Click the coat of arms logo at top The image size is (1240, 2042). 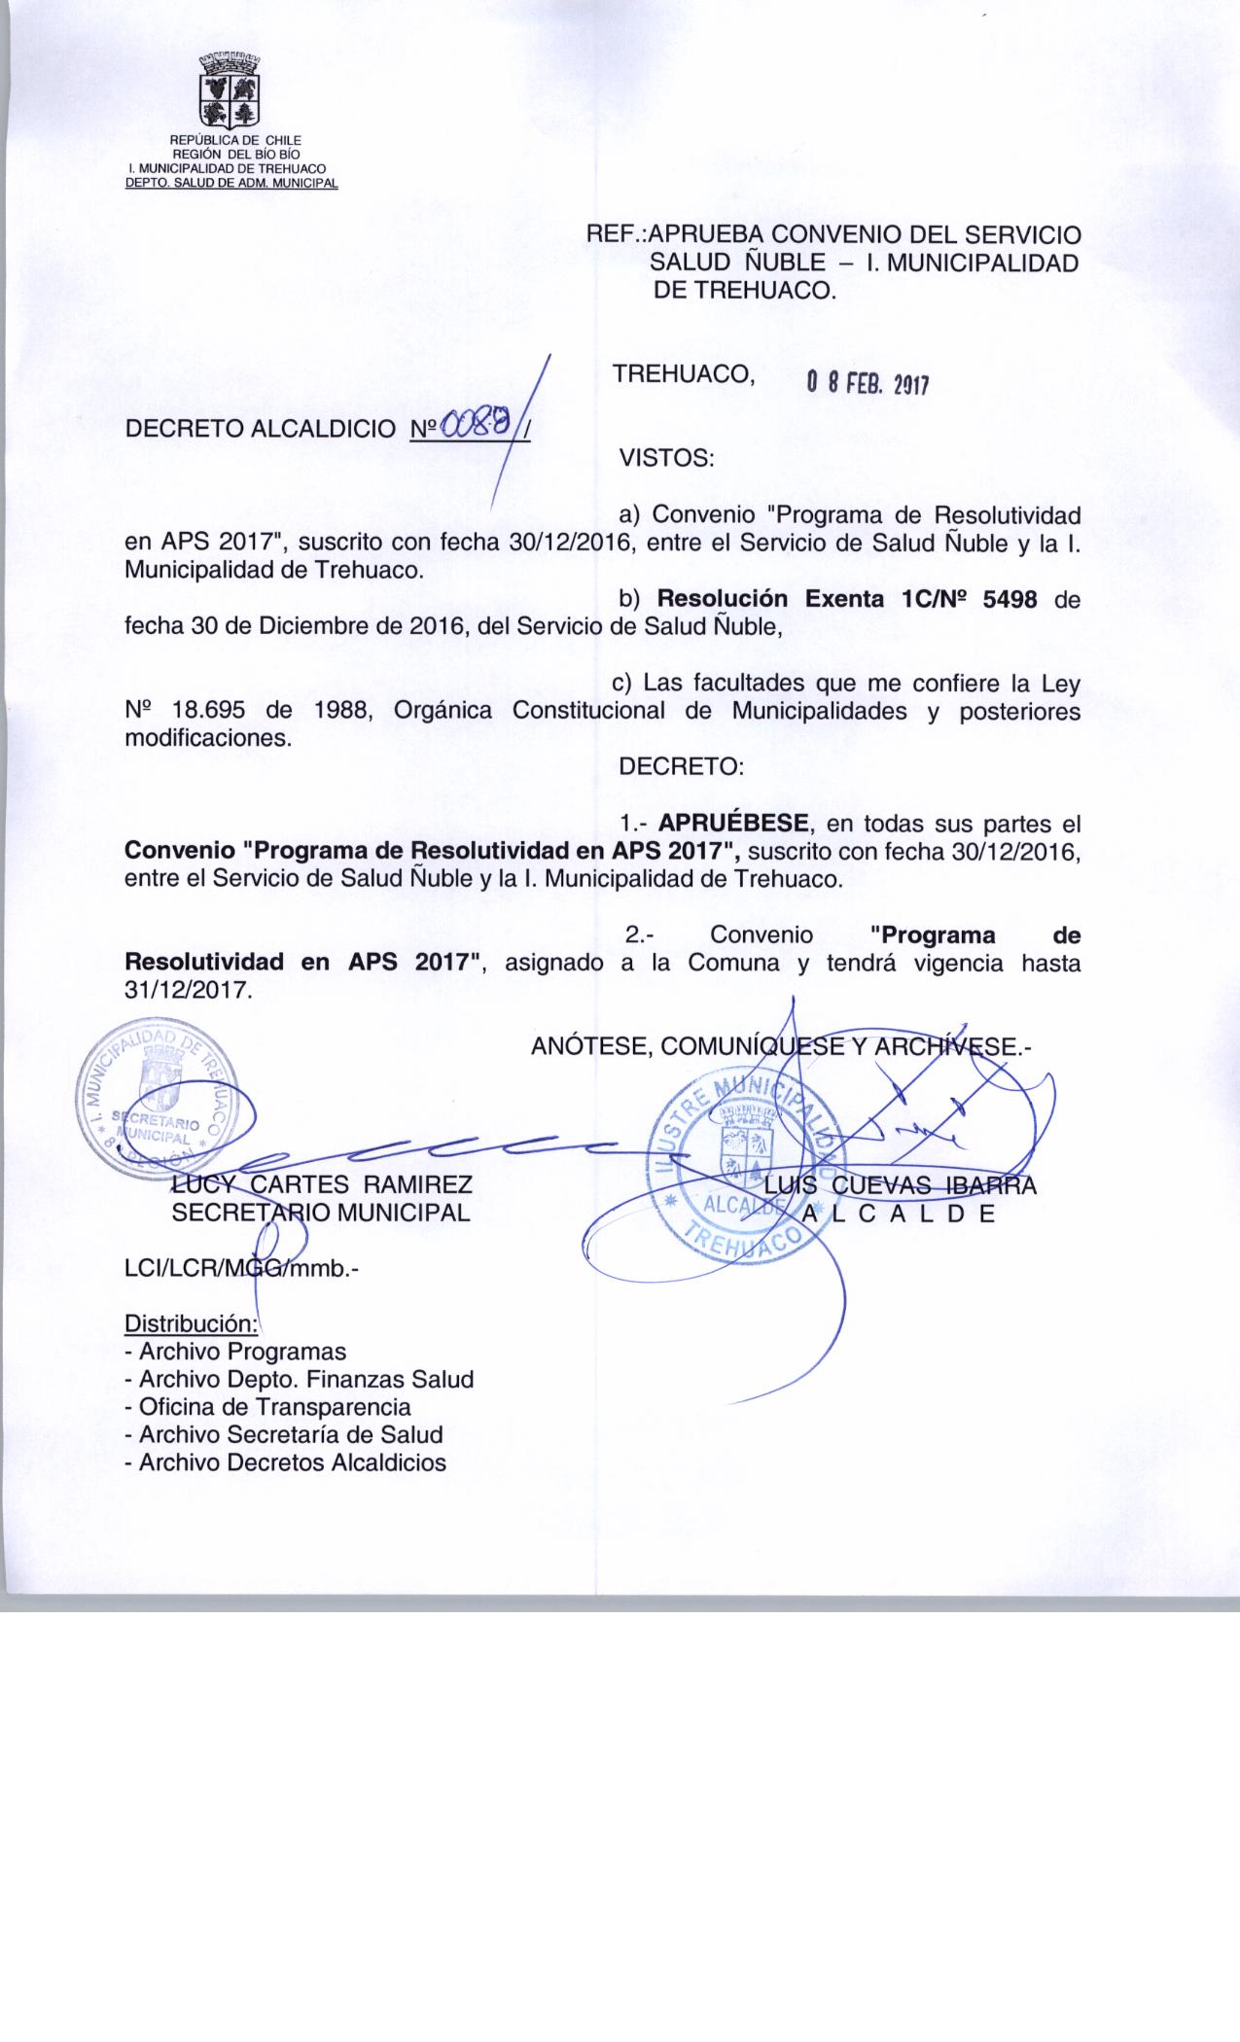(x=230, y=92)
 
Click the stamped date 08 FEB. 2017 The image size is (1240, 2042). (x=868, y=384)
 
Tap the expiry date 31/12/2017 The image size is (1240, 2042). (x=189, y=992)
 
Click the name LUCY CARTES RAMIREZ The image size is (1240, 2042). (x=322, y=1185)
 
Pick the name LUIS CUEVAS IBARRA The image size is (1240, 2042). (x=901, y=1185)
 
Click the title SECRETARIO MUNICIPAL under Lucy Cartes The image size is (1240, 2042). (x=321, y=1213)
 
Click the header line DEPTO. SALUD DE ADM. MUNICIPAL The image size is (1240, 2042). (x=231, y=183)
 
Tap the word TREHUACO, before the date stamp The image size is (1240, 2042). (x=685, y=374)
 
